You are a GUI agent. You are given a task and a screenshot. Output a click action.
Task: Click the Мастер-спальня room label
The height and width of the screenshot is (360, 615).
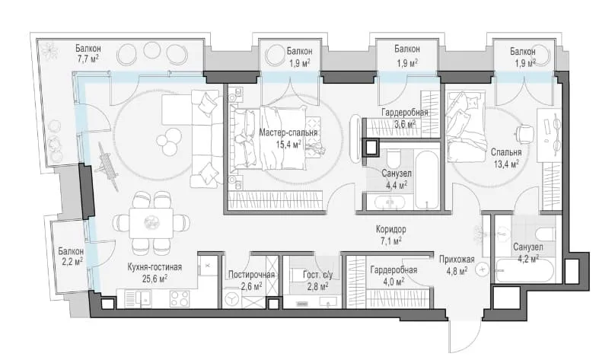[288, 132]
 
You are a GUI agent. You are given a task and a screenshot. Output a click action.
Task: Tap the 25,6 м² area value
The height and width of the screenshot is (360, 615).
[155, 279]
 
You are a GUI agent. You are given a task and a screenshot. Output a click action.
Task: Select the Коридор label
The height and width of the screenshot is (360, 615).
[390, 229]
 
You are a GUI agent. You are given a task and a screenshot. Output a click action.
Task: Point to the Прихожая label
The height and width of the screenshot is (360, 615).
[457, 260]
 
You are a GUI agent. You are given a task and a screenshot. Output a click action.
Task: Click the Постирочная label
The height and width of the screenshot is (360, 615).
[251, 275]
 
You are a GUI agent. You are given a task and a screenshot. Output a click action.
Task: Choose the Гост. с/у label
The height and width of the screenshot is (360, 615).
[317, 275]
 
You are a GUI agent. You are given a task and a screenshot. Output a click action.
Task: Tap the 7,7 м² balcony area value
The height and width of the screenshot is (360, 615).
[88, 59]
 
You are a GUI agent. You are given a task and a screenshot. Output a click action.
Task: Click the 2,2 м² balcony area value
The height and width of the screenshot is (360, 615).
[72, 261]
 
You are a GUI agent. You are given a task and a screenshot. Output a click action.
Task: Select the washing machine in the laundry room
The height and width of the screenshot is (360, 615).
[233, 299]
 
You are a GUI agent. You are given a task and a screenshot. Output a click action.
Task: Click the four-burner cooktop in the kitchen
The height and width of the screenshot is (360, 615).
[180, 299]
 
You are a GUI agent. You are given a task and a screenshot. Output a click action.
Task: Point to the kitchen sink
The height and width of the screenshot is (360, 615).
[144, 299]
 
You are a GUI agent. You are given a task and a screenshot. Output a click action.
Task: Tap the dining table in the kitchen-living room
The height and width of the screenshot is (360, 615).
[151, 223]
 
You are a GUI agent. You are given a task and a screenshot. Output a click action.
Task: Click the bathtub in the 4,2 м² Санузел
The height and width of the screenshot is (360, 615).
[524, 271]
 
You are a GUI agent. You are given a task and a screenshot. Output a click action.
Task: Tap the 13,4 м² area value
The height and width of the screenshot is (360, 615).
[506, 164]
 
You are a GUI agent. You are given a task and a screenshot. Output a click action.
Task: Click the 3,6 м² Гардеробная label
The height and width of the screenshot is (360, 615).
[405, 113]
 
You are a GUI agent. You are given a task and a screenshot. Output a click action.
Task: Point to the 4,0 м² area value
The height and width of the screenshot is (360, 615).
[394, 282]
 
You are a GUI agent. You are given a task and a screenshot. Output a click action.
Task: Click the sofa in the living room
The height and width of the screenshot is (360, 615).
[205, 138]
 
